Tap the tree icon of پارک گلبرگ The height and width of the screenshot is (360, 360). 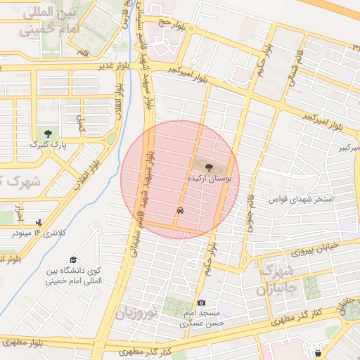[48, 134]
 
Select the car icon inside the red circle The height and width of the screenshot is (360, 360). [181, 210]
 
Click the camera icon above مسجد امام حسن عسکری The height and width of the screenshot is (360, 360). [202, 302]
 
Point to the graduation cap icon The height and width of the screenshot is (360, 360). [73, 260]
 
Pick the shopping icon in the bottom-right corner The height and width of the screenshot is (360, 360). [319, 352]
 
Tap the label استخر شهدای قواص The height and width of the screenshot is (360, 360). [304, 200]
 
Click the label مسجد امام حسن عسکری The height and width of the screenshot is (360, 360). [200, 318]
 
